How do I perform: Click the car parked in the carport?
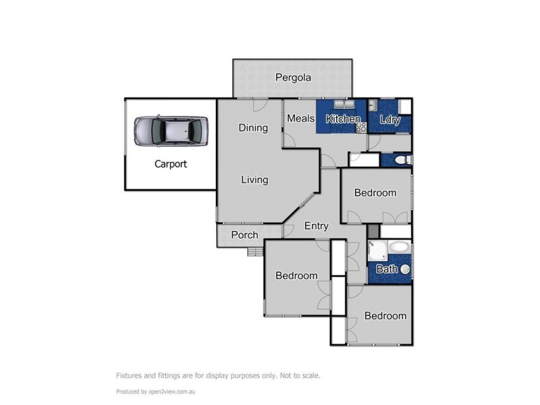tap(171, 130)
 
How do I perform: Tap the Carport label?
tap(171, 163)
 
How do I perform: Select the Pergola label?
tap(293, 78)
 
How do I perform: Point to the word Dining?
tap(253, 128)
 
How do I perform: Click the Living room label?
tap(254, 180)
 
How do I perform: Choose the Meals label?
tap(300, 118)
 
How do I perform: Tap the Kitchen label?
tap(343, 119)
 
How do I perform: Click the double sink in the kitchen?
tap(345, 105)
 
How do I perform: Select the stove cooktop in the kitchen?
tap(360, 126)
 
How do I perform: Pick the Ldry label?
tap(390, 120)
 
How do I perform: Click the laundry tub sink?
tap(373, 105)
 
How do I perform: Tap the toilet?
tap(402, 160)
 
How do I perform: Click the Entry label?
tap(316, 226)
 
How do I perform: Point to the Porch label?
tap(244, 235)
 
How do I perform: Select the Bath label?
tap(387, 269)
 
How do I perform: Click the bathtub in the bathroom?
tap(398, 247)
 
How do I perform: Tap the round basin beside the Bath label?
tap(405, 269)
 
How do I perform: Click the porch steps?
tap(254, 252)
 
